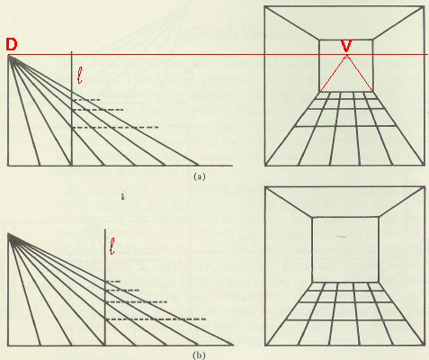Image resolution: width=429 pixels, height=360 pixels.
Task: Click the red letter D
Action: click(12, 44)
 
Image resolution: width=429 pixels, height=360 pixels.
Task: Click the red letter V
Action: click(346, 46)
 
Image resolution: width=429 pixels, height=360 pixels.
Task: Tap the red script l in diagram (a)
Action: click(79, 76)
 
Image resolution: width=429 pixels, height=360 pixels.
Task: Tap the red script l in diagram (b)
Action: click(112, 247)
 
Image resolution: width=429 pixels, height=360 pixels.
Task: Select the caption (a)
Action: click(200, 176)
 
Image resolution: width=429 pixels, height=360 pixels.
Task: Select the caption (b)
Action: click(200, 355)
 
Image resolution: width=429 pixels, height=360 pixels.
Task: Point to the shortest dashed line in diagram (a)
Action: click(86, 100)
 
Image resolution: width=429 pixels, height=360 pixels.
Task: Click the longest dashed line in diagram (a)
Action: click(115, 128)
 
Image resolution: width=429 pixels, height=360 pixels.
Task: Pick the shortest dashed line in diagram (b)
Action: click(113, 282)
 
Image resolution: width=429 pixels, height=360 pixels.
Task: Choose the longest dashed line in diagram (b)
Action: click(156, 319)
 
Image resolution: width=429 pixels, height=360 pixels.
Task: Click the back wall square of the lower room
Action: click(345, 250)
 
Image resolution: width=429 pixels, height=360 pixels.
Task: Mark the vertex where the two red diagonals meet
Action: click(346, 55)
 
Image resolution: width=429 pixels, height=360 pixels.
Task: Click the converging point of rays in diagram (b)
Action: click(9, 236)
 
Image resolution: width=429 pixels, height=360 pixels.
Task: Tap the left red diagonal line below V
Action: click(333, 73)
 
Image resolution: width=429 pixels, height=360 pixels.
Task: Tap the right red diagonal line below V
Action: click(360, 73)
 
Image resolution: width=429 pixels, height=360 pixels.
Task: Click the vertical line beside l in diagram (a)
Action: click(72, 108)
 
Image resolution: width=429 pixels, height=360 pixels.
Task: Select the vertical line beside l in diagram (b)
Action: click(105, 287)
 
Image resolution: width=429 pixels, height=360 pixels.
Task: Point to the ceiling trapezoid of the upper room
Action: click(344, 22)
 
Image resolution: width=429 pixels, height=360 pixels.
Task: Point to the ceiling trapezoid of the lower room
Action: click(345, 202)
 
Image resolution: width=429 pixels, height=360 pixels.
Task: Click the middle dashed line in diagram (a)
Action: click(98, 110)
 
